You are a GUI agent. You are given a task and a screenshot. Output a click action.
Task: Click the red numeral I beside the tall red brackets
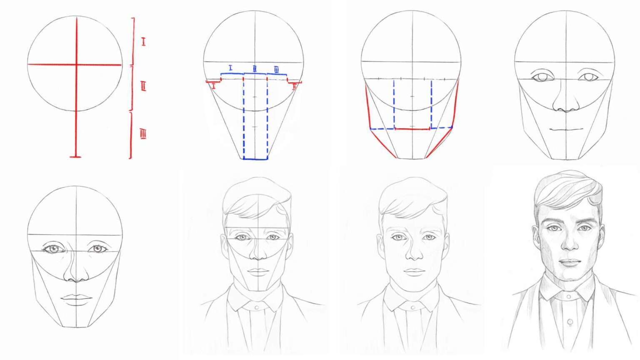(x=143, y=42)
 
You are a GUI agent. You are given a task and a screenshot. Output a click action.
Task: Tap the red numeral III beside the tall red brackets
(x=143, y=134)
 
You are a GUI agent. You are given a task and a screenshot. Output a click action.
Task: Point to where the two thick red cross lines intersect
(x=76, y=65)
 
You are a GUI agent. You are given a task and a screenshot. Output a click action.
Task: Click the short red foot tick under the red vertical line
(x=75, y=157)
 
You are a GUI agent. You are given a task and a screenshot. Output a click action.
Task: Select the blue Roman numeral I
(x=230, y=67)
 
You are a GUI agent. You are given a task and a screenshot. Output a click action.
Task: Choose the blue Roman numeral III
(x=277, y=69)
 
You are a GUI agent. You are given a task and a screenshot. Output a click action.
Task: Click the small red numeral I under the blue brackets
(x=214, y=86)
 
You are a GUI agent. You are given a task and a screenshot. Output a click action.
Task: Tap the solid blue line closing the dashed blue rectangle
(x=255, y=159)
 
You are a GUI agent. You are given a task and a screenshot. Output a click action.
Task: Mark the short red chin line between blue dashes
(x=412, y=129)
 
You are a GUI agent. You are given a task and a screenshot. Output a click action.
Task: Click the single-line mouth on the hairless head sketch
(x=566, y=129)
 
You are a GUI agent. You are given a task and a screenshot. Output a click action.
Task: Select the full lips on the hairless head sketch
(x=77, y=298)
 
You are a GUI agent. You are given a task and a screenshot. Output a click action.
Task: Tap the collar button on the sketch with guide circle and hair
(x=257, y=307)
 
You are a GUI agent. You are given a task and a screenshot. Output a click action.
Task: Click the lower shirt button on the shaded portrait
(x=569, y=323)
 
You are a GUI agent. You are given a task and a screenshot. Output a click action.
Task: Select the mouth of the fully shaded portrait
(x=569, y=263)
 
